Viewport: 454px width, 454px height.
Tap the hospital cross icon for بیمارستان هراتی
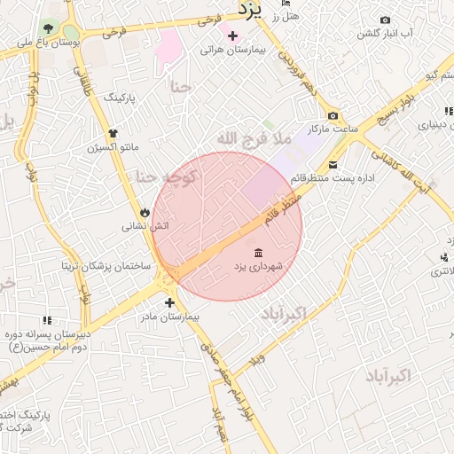tap(232, 36)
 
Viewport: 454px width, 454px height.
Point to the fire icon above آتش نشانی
tap(145, 212)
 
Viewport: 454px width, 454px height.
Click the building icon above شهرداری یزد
tap(257, 253)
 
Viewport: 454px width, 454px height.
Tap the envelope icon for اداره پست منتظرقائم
tap(333, 164)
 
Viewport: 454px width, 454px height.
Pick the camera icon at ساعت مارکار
tap(333, 116)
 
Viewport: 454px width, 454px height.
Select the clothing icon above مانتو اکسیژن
tap(113, 133)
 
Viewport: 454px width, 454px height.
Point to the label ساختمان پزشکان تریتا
tap(106, 266)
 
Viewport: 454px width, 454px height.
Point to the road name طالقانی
tap(83, 85)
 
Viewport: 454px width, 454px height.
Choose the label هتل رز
tap(287, 15)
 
